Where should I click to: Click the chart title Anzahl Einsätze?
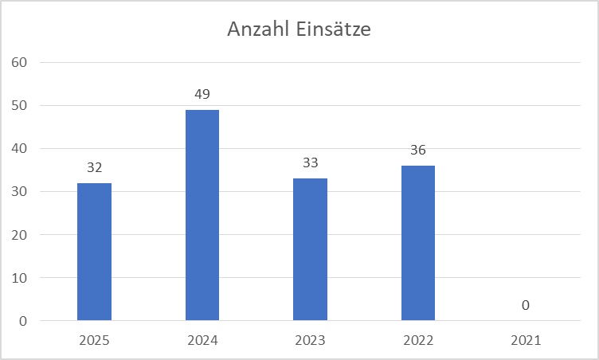(299, 30)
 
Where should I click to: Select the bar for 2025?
(94, 252)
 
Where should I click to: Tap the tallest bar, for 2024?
(202, 215)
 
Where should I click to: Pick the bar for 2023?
(310, 249)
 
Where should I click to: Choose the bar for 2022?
(418, 243)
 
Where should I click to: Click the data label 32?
(94, 168)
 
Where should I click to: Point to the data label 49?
(202, 95)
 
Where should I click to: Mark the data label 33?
(310, 163)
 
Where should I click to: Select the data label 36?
(418, 151)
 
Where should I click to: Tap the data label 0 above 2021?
(527, 306)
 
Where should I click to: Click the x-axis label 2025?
(94, 340)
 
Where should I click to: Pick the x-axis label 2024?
(202, 340)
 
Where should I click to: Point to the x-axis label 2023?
(310, 340)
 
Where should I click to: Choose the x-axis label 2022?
(418, 340)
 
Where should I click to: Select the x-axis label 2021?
(527, 340)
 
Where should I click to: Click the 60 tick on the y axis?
(19, 62)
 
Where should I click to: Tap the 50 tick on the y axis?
(19, 105)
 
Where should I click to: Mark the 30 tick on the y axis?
(19, 192)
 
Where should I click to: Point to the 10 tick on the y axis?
(19, 278)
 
